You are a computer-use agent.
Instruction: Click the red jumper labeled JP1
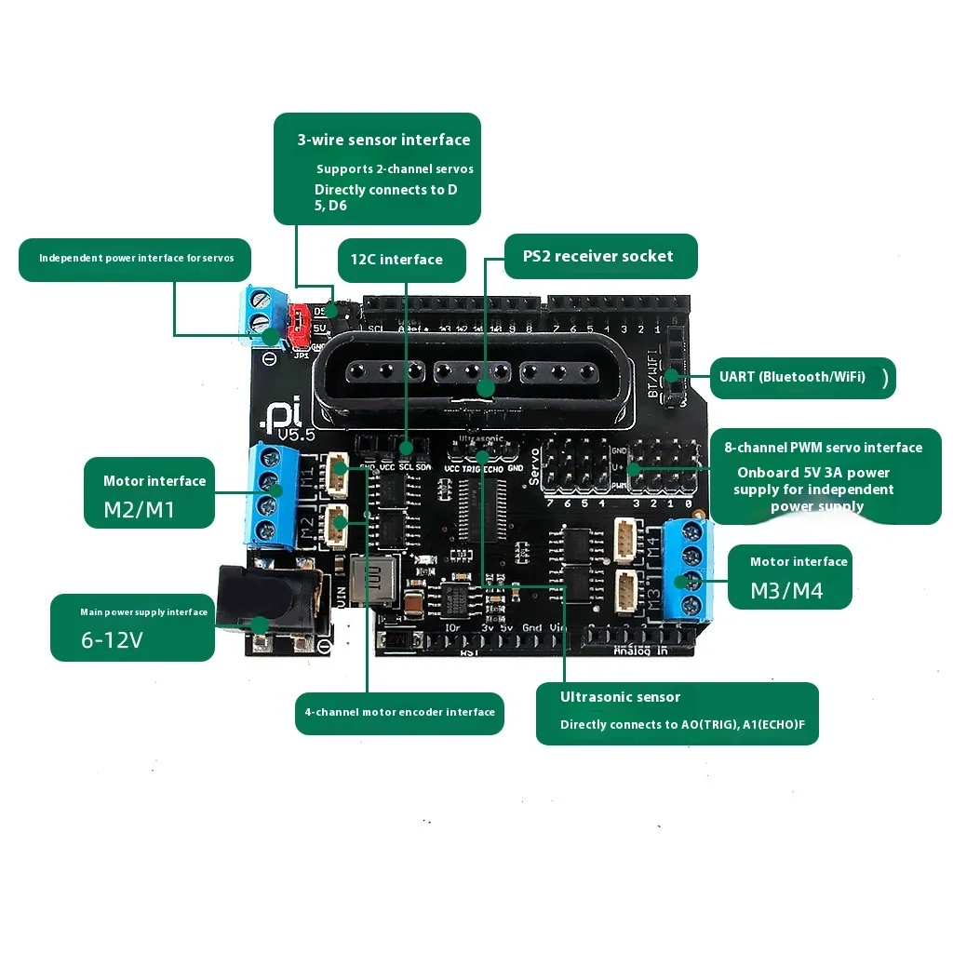300,322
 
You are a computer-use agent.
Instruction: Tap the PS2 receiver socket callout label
597,256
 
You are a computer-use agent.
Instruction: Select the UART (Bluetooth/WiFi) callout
792,377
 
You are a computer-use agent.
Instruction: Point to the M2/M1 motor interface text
140,509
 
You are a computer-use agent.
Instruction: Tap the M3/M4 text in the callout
786,591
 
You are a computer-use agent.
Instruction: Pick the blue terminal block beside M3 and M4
691,568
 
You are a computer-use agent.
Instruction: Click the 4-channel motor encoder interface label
400,712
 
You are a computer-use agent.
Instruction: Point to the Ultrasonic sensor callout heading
620,697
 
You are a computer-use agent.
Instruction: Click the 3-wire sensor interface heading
383,140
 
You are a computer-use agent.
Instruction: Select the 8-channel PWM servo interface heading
823,448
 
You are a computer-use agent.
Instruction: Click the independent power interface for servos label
136,258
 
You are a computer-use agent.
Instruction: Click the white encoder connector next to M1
339,476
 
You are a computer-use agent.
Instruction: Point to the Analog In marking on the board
641,651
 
